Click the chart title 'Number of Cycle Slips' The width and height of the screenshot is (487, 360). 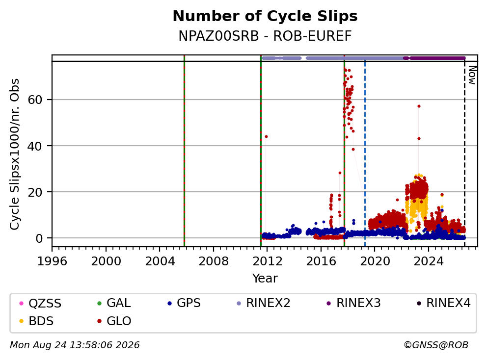[x=265, y=16]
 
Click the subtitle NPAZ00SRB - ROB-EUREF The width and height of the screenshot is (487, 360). [x=265, y=36]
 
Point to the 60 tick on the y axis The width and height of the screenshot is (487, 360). [x=35, y=100]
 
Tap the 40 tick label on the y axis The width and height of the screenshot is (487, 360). [x=35, y=146]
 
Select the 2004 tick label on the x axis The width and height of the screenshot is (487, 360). [x=160, y=261]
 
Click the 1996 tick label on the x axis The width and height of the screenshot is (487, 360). [x=52, y=261]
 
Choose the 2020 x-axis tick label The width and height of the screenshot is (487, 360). [x=375, y=261]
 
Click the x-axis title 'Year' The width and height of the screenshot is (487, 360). [x=265, y=279]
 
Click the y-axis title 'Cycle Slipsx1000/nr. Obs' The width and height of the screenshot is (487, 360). [x=15, y=154]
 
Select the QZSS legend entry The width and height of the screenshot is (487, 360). [x=40, y=303]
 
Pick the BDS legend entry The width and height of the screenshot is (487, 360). [x=36, y=321]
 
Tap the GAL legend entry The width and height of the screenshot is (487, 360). [x=114, y=303]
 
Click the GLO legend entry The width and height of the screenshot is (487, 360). [x=114, y=321]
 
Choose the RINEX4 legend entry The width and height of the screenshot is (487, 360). [x=443, y=303]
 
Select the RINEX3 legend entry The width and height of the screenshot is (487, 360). [x=354, y=303]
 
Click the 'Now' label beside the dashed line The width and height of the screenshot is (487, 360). [x=472, y=75]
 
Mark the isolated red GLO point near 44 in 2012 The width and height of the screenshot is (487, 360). [x=266, y=136]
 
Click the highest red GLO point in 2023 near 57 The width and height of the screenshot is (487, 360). [x=419, y=106]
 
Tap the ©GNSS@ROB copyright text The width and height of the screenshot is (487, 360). [x=436, y=345]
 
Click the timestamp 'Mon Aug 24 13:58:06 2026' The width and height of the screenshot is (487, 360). [x=75, y=345]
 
